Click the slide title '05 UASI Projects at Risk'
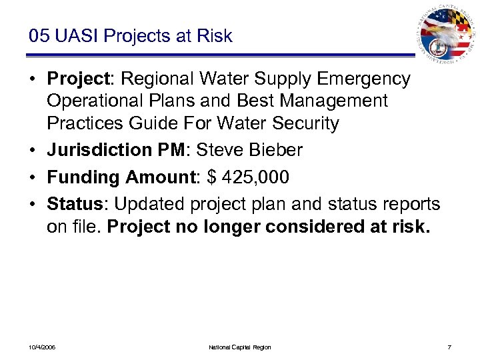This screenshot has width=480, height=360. [x=130, y=36]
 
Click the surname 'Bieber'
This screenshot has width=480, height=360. [x=275, y=151]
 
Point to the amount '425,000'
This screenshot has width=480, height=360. [x=258, y=177]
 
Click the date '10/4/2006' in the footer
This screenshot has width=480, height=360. [x=42, y=347]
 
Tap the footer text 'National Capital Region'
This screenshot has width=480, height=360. [x=240, y=347]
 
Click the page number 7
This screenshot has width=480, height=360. [x=450, y=347]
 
